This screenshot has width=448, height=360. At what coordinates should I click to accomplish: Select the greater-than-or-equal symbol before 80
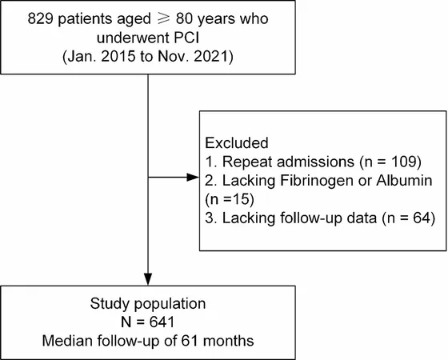point(163,18)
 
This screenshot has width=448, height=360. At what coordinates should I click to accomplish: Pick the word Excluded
point(237,143)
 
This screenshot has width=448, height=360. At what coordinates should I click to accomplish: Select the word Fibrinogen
point(318,181)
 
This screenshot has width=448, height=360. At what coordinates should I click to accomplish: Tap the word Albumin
point(404,181)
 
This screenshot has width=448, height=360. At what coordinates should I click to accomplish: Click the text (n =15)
point(230,199)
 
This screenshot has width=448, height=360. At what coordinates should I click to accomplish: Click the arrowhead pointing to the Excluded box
point(193,177)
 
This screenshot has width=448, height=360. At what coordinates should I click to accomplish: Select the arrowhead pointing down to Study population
point(148,279)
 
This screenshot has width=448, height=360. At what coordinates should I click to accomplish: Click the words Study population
point(148,304)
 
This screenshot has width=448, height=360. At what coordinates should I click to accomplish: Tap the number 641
point(162,322)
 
